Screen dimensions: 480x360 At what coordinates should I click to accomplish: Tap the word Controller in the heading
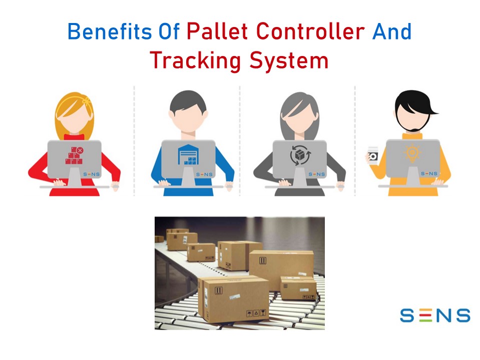311,31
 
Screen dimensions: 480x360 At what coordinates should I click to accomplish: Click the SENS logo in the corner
434,315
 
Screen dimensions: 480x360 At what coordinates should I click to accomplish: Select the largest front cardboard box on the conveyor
233,298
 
